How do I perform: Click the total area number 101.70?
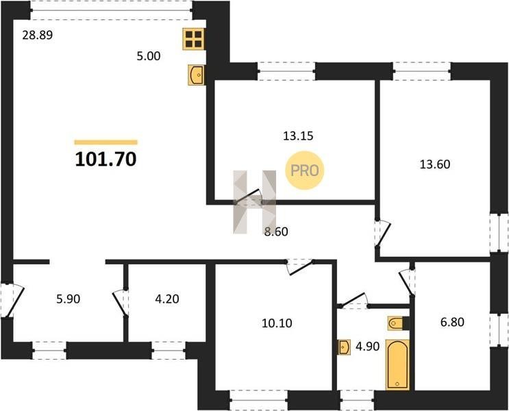click(x=105, y=160)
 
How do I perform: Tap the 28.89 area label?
click(x=37, y=35)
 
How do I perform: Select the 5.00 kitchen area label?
click(x=149, y=56)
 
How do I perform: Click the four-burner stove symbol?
click(x=194, y=39)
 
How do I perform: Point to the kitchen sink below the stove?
click(x=197, y=75)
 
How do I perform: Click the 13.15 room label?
click(x=298, y=136)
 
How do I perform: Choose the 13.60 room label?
click(x=435, y=164)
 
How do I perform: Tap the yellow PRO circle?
click(x=304, y=171)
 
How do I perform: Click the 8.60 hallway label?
click(x=276, y=232)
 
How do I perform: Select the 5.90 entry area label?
click(x=69, y=299)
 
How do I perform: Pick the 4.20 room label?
click(x=167, y=299)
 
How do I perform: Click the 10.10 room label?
click(x=277, y=323)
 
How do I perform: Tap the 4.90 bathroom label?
click(x=367, y=347)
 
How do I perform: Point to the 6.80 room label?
click(x=452, y=322)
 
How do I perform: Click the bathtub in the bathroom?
click(x=397, y=364)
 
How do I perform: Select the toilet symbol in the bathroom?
click(x=398, y=323)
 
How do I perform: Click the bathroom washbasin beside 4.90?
click(x=344, y=347)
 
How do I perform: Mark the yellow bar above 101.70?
click(x=105, y=142)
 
